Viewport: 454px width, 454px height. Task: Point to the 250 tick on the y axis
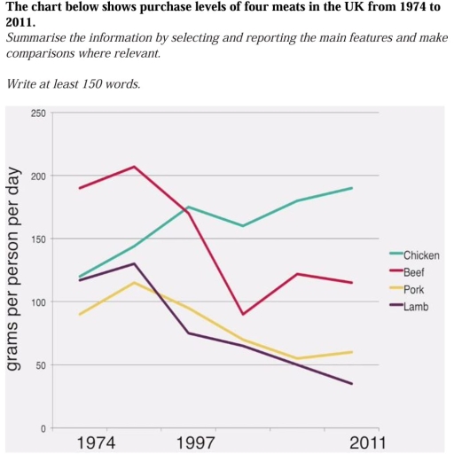(x=36, y=113)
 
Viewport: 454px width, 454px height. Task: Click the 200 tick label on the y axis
(x=36, y=176)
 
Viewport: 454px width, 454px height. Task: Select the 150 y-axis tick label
(x=36, y=239)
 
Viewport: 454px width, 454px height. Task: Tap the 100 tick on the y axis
(x=36, y=302)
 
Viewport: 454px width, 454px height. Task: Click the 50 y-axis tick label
(x=39, y=365)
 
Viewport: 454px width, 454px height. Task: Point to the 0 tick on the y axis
(x=42, y=428)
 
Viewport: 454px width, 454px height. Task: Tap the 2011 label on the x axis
(x=363, y=442)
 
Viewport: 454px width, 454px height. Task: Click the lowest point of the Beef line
(x=243, y=314)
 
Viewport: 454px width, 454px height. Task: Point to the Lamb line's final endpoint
(x=352, y=384)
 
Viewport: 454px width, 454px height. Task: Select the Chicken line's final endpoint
(x=352, y=188)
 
